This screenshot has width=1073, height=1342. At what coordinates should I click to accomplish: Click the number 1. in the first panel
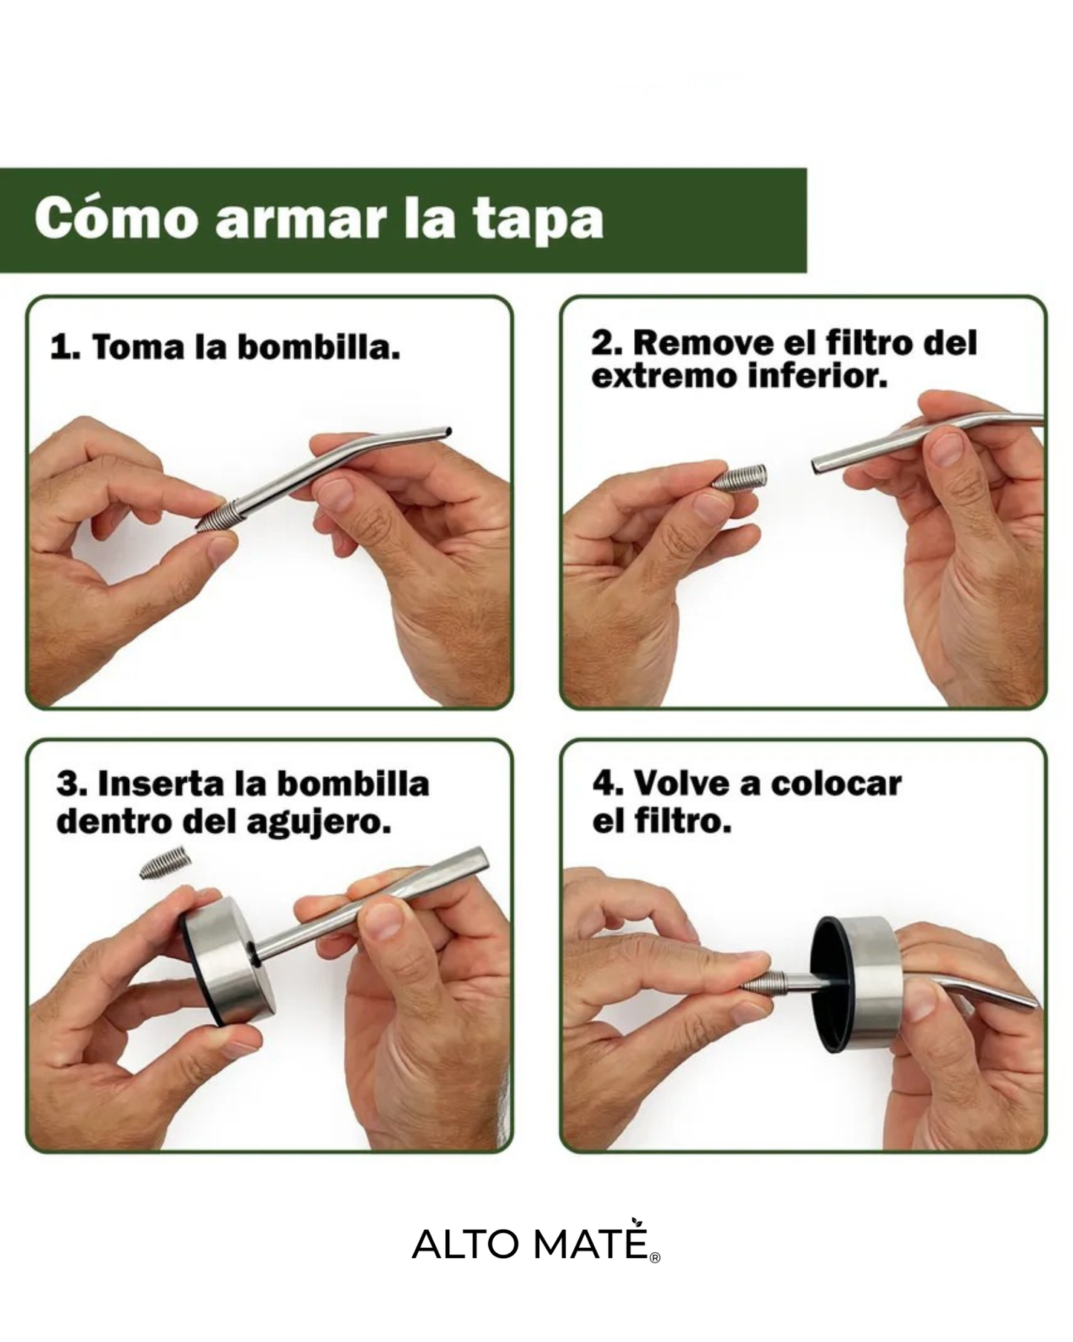65,348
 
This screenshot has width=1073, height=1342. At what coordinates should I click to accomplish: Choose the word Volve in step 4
679,784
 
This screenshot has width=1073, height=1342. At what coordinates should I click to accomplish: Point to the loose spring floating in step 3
165,864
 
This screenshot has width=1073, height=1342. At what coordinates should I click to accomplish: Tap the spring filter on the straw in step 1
219,515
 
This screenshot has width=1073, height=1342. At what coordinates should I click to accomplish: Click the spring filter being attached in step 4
763,984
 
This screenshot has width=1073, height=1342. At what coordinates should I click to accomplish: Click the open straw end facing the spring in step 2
818,469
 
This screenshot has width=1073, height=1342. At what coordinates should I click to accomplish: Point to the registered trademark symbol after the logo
655,1257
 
